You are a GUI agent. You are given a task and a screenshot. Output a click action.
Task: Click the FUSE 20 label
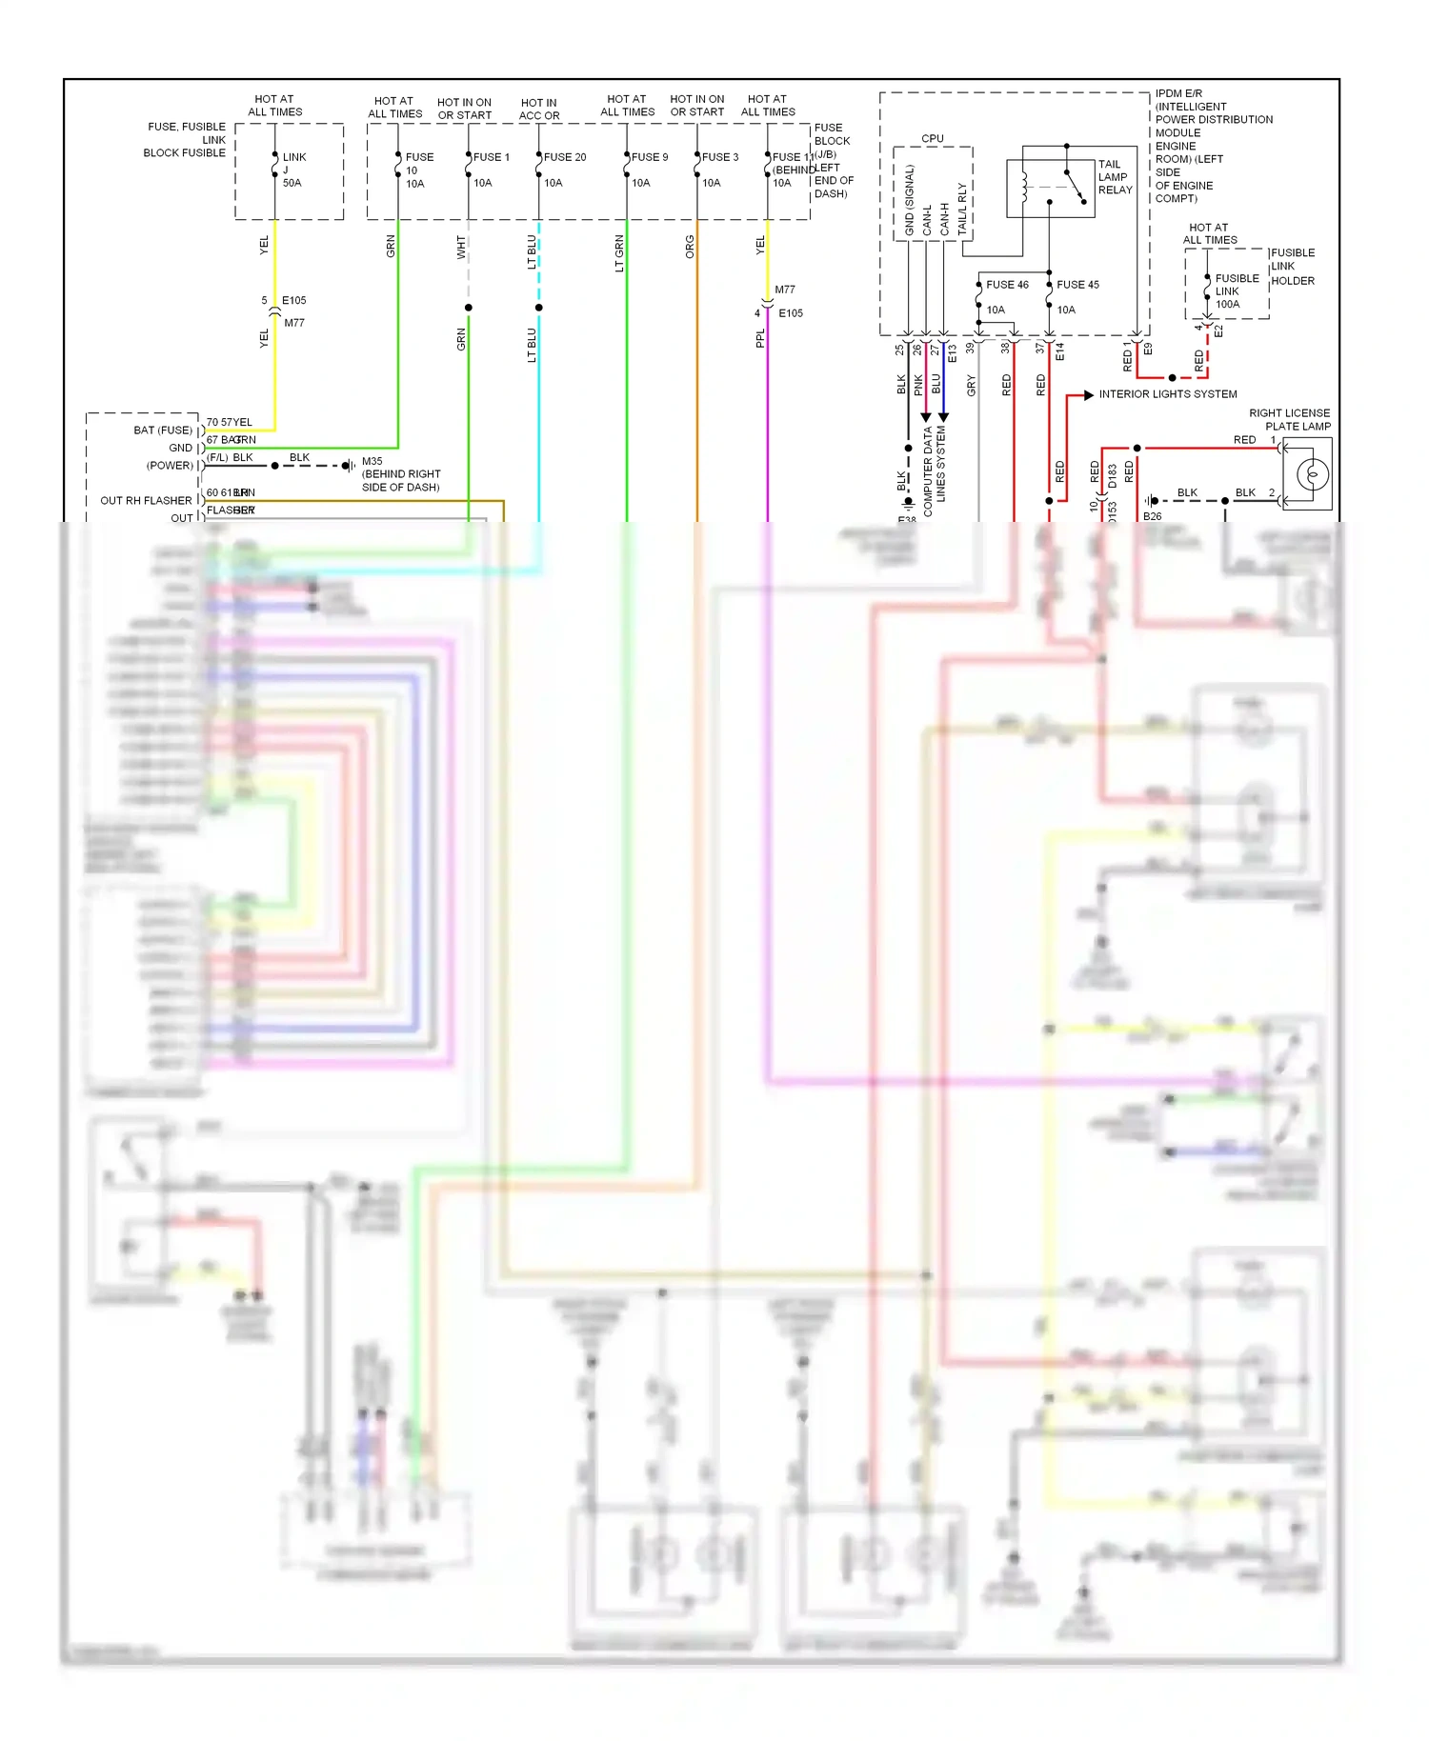pyautogui.click(x=565, y=157)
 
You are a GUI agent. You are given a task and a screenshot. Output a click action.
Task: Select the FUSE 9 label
pyautogui.click(x=650, y=157)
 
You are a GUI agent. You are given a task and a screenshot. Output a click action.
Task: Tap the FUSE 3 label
pyautogui.click(x=720, y=157)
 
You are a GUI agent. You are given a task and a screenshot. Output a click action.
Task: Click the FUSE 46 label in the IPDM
pyautogui.click(x=1007, y=285)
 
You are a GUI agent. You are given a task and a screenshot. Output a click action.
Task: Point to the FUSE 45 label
pyautogui.click(x=1077, y=285)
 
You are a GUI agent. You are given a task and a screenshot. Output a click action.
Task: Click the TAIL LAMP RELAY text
pyautogui.click(x=1115, y=177)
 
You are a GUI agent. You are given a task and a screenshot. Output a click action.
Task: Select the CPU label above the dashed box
pyautogui.click(x=933, y=139)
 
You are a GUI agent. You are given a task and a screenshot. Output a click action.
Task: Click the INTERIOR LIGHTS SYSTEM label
pyautogui.click(x=1168, y=394)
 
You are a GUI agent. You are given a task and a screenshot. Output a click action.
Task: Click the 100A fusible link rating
pyautogui.click(x=1228, y=305)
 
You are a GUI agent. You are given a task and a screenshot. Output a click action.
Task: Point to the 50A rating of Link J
pyautogui.click(x=292, y=183)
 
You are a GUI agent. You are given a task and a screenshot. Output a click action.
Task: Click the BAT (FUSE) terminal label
pyautogui.click(x=163, y=430)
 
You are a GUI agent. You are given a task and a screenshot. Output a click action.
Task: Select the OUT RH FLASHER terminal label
pyautogui.click(x=146, y=501)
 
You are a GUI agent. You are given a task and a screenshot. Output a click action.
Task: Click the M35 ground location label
pyautogui.click(x=400, y=474)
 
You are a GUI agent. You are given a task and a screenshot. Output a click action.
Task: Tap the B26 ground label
pyautogui.click(x=1153, y=516)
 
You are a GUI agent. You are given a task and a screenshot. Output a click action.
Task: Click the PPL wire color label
pyautogui.click(x=760, y=338)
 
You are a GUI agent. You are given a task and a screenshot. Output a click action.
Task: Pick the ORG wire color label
pyautogui.click(x=690, y=248)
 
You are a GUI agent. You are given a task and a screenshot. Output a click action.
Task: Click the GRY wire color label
pyautogui.click(x=971, y=385)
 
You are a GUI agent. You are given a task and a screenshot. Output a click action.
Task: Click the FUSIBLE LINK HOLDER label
pyautogui.click(x=1292, y=267)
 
